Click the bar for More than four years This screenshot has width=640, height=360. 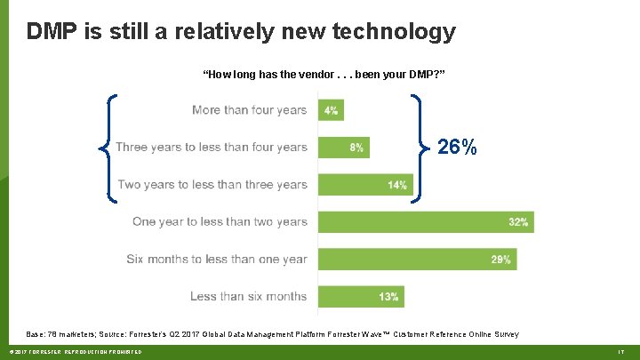point(331,110)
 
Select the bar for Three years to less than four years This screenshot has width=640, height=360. point(343,148)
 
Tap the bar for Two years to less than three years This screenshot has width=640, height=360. point(364,185)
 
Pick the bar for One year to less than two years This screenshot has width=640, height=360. point(425,222)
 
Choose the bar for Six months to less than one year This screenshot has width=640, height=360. point(416,260)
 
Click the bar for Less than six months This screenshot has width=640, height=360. point(361,297)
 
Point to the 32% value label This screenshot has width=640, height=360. point(517,222)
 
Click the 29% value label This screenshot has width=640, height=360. point(500,260)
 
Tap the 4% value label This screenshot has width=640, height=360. point(331,111)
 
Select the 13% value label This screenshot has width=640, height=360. point(389,297)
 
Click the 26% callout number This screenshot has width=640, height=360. point(457,148)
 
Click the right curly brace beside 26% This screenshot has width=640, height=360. point(419,148)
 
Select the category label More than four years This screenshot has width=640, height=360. point(249,110)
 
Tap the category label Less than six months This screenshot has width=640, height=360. point(248,297)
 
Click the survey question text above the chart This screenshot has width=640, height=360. point(324,75)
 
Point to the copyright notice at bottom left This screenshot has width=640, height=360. point(72,353)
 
